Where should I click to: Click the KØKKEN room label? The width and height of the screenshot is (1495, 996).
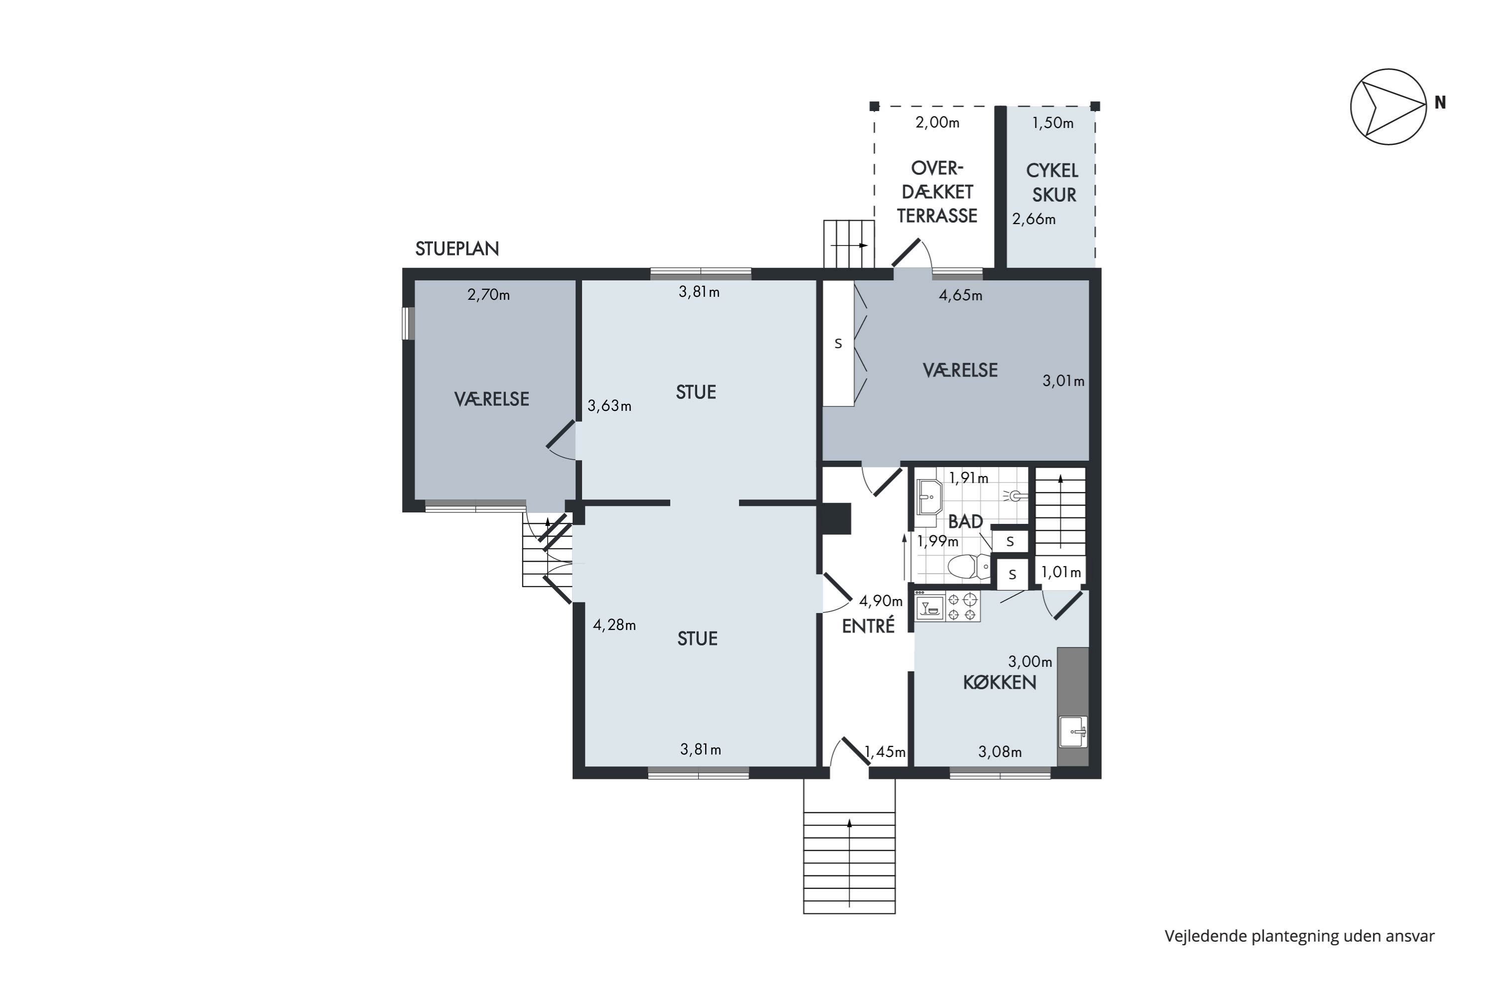coord(1000,683)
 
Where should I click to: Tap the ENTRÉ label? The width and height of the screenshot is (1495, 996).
coord(868,626)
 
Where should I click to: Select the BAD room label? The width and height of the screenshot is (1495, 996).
coord(966,521)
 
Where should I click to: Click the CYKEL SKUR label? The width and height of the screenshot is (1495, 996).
coord(1053,183)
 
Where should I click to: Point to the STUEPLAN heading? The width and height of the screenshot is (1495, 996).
coord(457,249)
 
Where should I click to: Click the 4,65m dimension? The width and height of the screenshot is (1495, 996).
coord(960,295)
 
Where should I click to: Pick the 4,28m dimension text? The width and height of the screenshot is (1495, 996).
coord(614,625)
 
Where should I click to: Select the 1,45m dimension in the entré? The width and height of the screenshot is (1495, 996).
coord(885,752)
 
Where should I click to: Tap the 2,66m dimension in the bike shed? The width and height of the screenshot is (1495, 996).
coord(1034,219)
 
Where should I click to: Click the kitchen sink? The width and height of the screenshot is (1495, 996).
coord(1073,732)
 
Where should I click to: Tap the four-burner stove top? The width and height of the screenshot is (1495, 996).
coord(962,607)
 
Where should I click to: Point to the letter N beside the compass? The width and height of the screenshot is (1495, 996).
coord(1440,102)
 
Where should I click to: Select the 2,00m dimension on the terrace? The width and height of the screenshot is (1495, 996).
coord(937,123)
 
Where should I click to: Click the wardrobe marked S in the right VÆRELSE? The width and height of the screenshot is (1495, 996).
coord(838,343)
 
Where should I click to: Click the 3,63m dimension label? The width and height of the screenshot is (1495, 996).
coord(609,406)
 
